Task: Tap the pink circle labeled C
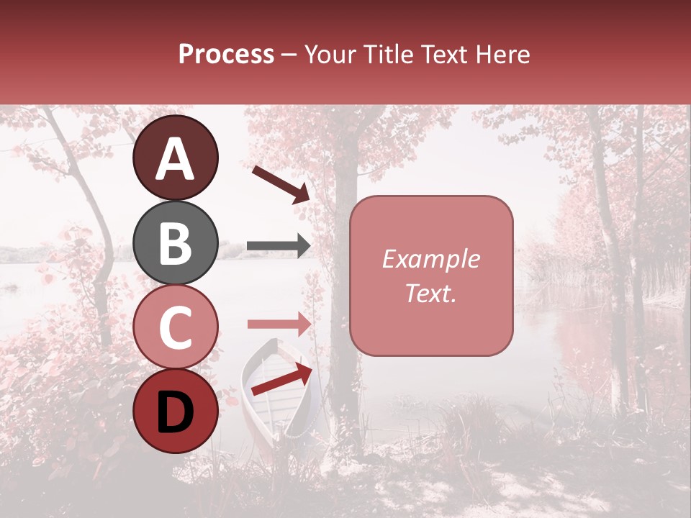click(175, 327)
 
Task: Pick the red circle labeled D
click(175, 411)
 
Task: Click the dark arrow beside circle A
click(281, 184)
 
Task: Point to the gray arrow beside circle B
click(279, 246)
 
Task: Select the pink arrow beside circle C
click(279, 324)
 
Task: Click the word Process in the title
click(226, 55)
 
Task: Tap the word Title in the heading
click(389, 55)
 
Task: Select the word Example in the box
click(430, 259)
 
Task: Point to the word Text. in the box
click(430, 293)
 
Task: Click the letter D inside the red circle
click(175, 412)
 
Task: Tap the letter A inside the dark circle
click(175, 159)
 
